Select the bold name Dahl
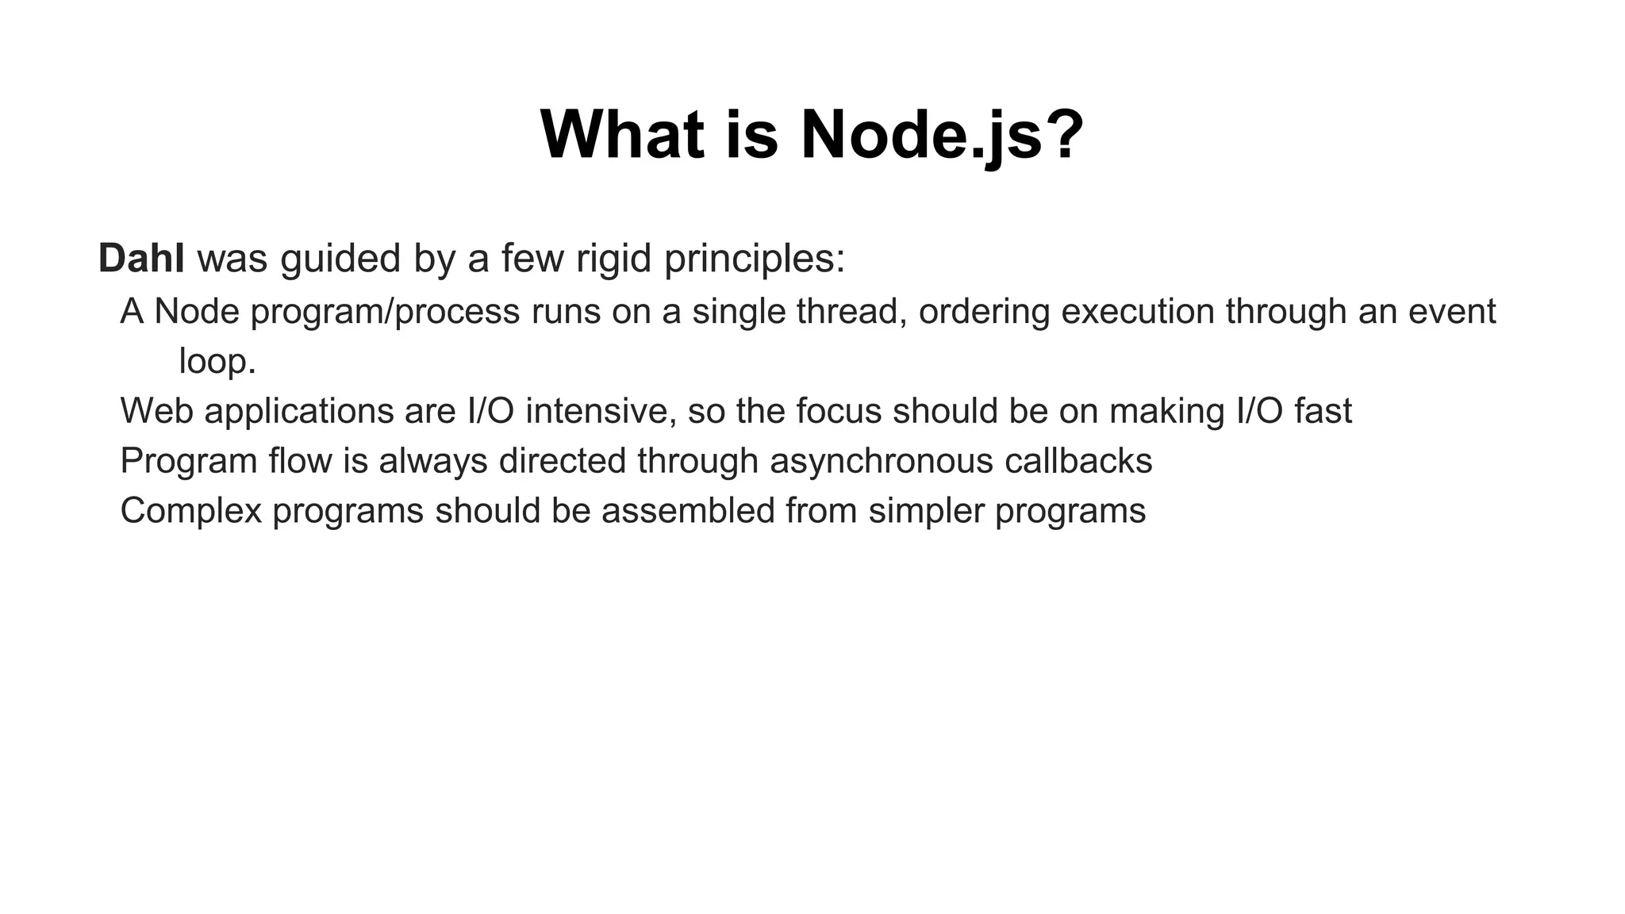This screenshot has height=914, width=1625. [141, 259]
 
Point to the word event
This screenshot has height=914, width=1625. [1452, 311]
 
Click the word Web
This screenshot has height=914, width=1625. [156, 411]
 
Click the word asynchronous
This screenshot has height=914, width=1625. [881, 461]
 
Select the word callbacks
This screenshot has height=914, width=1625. [1078, 461]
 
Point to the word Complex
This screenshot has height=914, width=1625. [190, 510]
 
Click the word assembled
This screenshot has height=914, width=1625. [688, 510]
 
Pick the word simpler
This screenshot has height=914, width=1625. [926, 510]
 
